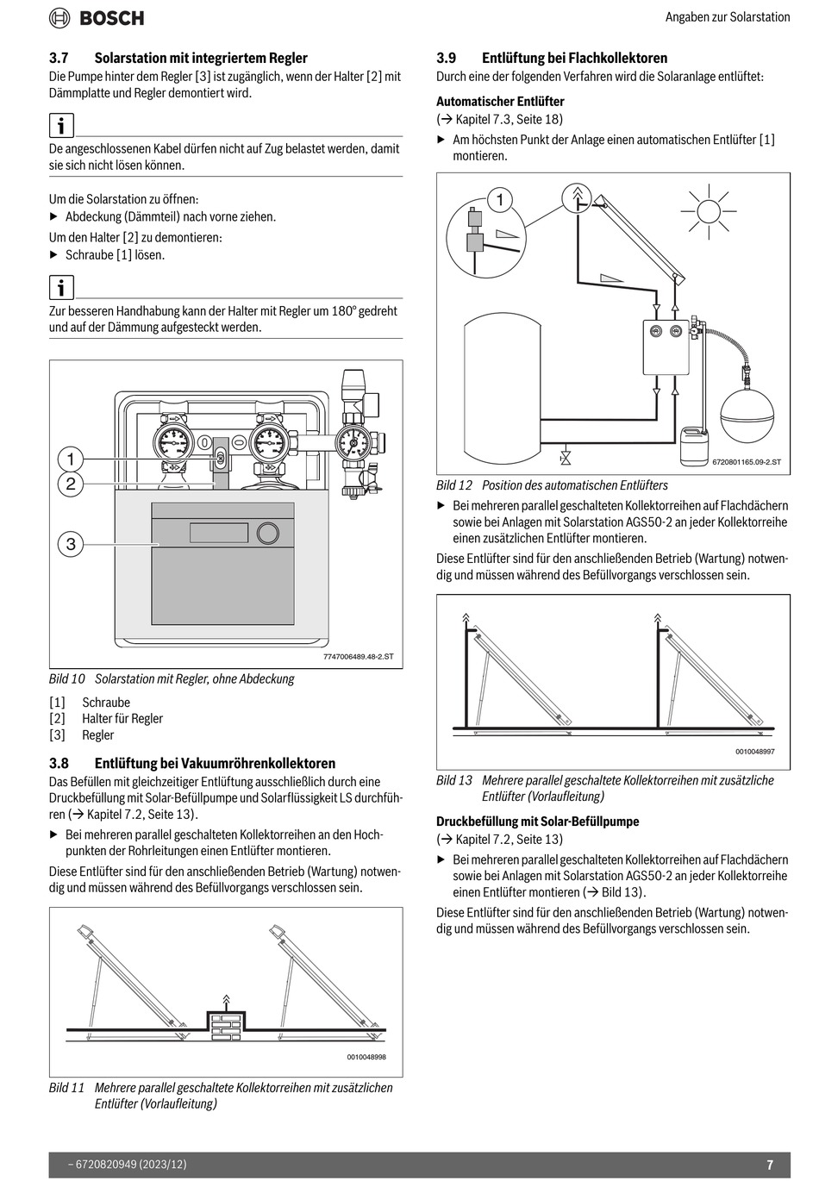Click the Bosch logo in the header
pos(97,17)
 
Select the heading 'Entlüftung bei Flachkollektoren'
pos(574,58)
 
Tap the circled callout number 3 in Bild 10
pos(71,543)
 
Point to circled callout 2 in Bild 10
pos(71,484)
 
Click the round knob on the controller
pos(268,533)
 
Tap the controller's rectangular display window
pos(219,533)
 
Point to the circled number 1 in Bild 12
pos(499,201)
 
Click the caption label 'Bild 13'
pos(454,780)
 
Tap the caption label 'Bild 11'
pos(66,1088)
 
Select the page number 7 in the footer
pos(770,1165)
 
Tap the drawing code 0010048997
pos(754,752)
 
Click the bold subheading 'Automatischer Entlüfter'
pos(500,101)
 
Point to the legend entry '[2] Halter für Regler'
pos(106,718)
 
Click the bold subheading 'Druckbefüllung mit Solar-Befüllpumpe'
pos(538,822)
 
